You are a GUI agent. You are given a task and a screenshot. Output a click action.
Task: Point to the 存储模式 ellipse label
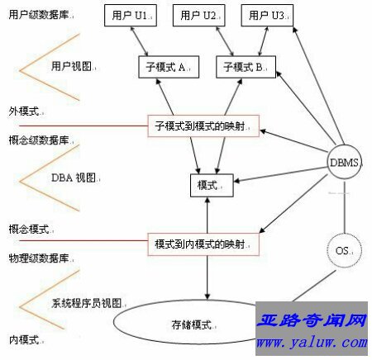(193, 325)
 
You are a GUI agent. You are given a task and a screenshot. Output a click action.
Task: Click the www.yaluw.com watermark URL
(312, 343)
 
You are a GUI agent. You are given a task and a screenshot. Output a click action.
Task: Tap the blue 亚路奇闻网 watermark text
(312, 320)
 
